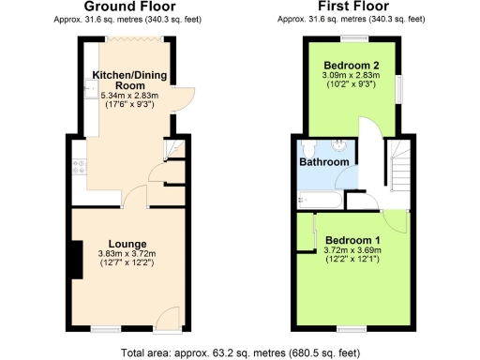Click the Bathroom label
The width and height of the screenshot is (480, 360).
point(324,161)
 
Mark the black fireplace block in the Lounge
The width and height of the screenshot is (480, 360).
point(71,259)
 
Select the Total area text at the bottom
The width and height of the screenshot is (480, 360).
point(240,353)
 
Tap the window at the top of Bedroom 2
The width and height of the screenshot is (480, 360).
point(353,37)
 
